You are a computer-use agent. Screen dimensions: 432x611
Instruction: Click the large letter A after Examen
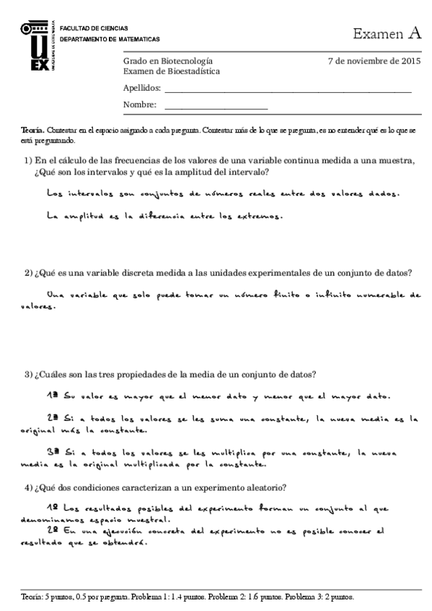click(x=413, y=32)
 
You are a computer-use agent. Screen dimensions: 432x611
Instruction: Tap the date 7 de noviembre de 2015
click(x=374, y=61)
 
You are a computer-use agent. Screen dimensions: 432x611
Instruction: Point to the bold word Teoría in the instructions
click(x=33, y=129)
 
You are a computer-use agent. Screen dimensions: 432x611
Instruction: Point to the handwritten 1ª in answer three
click(x=52, y=396)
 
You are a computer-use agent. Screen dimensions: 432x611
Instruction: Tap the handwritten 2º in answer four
click(x=52, y=530)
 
